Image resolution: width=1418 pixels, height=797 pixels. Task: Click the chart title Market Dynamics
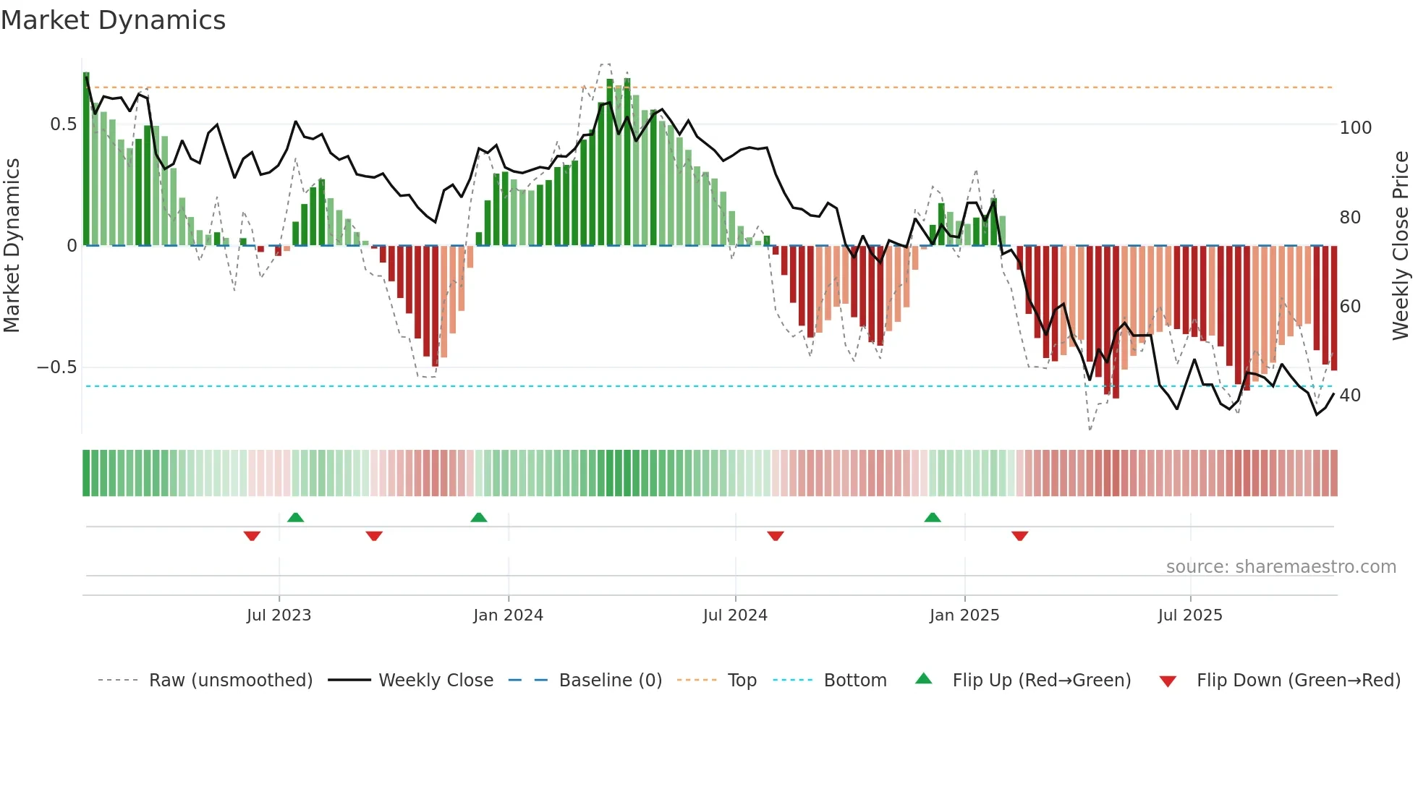(113, 20)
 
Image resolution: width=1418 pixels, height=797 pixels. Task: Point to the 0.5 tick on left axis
(63, 124)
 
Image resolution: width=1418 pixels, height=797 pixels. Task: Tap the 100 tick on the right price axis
(1355, 128)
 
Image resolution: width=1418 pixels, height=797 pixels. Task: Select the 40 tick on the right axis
(1350, 396)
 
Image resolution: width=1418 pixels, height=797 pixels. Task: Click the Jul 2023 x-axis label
(279, 615)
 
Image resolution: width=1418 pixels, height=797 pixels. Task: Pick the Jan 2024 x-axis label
(508, 615)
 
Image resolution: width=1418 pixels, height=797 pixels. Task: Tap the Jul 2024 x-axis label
(735, 615)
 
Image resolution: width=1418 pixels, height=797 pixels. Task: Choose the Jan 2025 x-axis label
(964, 615)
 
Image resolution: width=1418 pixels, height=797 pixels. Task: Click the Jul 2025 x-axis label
(1190, 615)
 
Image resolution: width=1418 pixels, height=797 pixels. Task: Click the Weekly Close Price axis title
(1401, 246)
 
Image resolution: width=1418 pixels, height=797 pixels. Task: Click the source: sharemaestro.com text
(1281, 567)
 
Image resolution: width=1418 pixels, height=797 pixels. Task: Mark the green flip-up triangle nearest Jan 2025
(933, 518)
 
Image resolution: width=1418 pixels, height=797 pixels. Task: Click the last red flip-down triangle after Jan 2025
(1020, 536)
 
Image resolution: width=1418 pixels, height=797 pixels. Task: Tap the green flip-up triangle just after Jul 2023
(295, 518)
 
